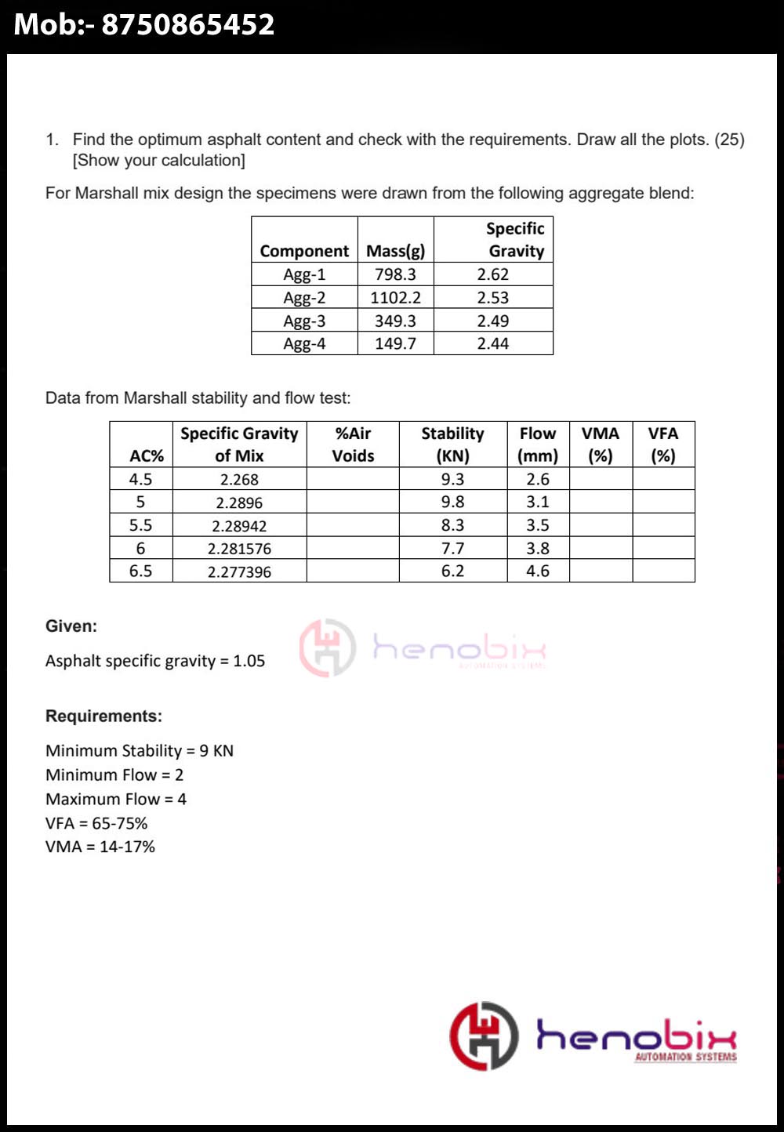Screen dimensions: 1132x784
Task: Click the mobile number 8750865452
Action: pyautogui.click(x=188, y=25)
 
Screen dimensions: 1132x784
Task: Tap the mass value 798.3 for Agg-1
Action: pyautogui.click(x=395, y=274)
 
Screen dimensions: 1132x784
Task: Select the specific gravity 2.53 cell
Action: pyautogui.click(x=493, y=298)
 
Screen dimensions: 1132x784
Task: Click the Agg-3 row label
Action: pyautogui.click(x=304, y=321)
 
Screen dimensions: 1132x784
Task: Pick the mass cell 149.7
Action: pyautogui.click(x=395, y=343)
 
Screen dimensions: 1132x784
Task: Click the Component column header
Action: pyautogui.click(x=304, y=251)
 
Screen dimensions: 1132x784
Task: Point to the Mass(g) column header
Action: pyautogui.click(x=395, y=251)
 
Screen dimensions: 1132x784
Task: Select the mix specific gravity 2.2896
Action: pyautogui.click(x=239, y=503)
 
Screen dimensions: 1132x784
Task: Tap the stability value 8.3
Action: pyautogui.click(x=452, y=525)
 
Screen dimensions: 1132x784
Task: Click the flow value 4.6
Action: pyautogui.click(x=538, y=571)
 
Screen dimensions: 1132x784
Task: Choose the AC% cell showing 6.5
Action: pyautogui.click(x=141, y=571)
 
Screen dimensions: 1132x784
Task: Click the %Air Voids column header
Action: pyautogui.click(x=353, y=444)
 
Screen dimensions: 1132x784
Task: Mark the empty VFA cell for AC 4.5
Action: pyautogui.click(x=663, y=479)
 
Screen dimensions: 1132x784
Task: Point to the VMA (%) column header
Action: pyautogui.click(x=601, y=444)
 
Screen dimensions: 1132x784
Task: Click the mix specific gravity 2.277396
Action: pyautogui.click(x=239, y=571)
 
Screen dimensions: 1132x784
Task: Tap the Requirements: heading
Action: pyautogui.click(x=103, y=716)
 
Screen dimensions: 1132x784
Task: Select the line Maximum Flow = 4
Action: pyautogui.click(x=116, y=799)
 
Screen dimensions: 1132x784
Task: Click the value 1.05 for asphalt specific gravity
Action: pyautogui.click(x=249, y=661)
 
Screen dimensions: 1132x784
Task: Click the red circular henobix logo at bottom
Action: pyautogui.click(x=484, y=1036)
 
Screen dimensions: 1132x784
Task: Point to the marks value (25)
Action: pyautogui.click(x=729, y=140)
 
